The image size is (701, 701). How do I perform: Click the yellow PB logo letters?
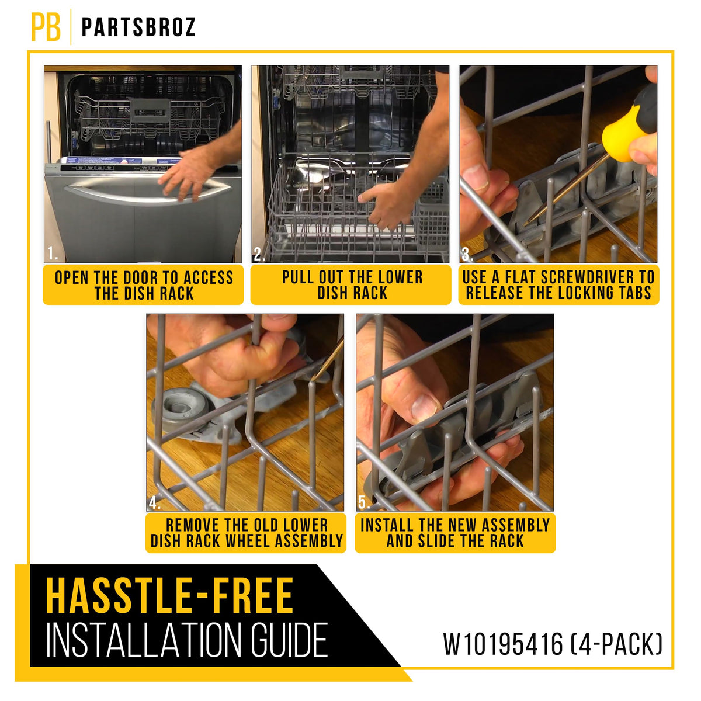pyautogui.click(x=46, y=27)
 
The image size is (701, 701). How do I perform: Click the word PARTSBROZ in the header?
pyautogui.click(x=138, y=27)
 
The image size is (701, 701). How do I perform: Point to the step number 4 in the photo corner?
pyautogui.click(x=154, y=502)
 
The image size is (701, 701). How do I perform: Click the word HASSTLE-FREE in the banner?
pyautogui.click(x=169, y=595)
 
